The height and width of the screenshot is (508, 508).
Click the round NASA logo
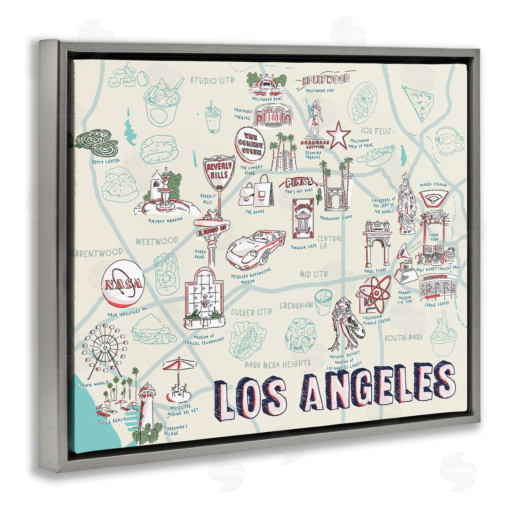[123, 283]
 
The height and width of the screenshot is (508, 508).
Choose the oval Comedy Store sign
[250, 144]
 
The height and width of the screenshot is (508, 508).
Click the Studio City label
[212, 80]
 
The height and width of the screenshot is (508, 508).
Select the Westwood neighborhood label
[157, 241]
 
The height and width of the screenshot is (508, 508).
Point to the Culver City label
[251, 313]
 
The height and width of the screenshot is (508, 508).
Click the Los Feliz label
[375, 131]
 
